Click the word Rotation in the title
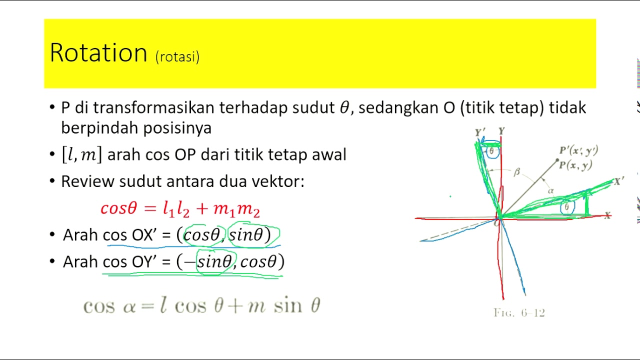coord(98,52)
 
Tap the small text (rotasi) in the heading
coord(177,56)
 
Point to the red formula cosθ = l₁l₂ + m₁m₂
coord(180,208)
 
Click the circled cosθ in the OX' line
coord(202,234)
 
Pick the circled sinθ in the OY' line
coord(214,261)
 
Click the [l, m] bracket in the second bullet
coord(81,154)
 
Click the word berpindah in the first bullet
coord(100,128)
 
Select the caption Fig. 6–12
coord(519,313)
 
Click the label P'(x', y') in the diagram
coord(578,150)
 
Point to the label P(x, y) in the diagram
coord(575,166)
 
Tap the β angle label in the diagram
coord(517,172)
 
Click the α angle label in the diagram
coord(550,190)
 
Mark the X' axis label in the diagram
coord(619,181)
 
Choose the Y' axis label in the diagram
coord(480,132)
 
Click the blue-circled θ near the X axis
coord(566,207)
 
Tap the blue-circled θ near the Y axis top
coord(492,151)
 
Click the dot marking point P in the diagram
coord(557,160)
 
